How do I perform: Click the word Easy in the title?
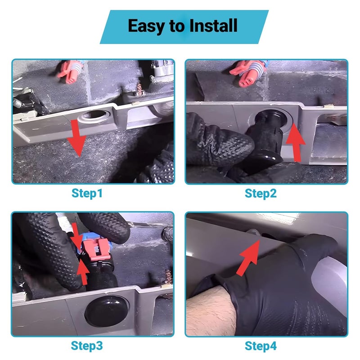click(147, 26)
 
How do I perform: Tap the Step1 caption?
click(87, 193)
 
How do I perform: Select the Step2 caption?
click(261, 193)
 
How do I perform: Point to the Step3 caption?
click(87, 346)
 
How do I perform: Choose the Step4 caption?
click(261, 346)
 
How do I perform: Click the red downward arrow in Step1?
click(76, 138)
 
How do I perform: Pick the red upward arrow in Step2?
click(296, 142)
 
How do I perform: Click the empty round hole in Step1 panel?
click(94, 116)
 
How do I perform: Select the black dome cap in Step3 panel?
click(107, 310)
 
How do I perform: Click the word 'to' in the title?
click(177, 26)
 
